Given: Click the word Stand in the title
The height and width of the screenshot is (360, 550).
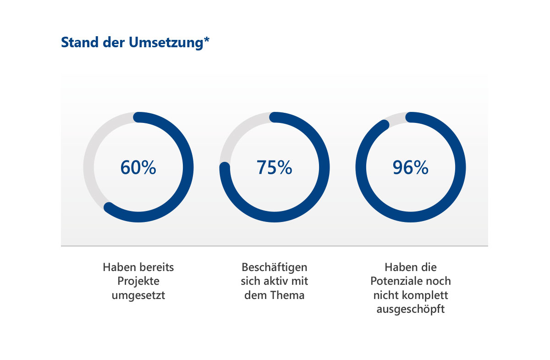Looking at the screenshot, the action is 80,42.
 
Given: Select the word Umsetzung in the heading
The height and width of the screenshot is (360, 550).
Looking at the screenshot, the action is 166,43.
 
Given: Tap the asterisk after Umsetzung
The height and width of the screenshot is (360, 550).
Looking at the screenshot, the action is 207,39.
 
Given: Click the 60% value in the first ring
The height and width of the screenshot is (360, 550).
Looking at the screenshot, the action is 138,167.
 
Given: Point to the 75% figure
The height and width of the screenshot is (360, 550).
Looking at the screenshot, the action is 274,167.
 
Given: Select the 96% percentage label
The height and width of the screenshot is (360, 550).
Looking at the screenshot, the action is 411,167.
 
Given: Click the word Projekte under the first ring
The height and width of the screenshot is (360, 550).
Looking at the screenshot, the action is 138,281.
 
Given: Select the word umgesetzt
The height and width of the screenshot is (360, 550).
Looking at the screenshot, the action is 138,295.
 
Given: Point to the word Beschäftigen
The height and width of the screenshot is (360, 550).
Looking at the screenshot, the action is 275,267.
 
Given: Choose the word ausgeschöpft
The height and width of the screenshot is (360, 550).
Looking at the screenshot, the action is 411,309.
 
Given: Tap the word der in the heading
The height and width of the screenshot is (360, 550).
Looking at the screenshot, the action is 114,42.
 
